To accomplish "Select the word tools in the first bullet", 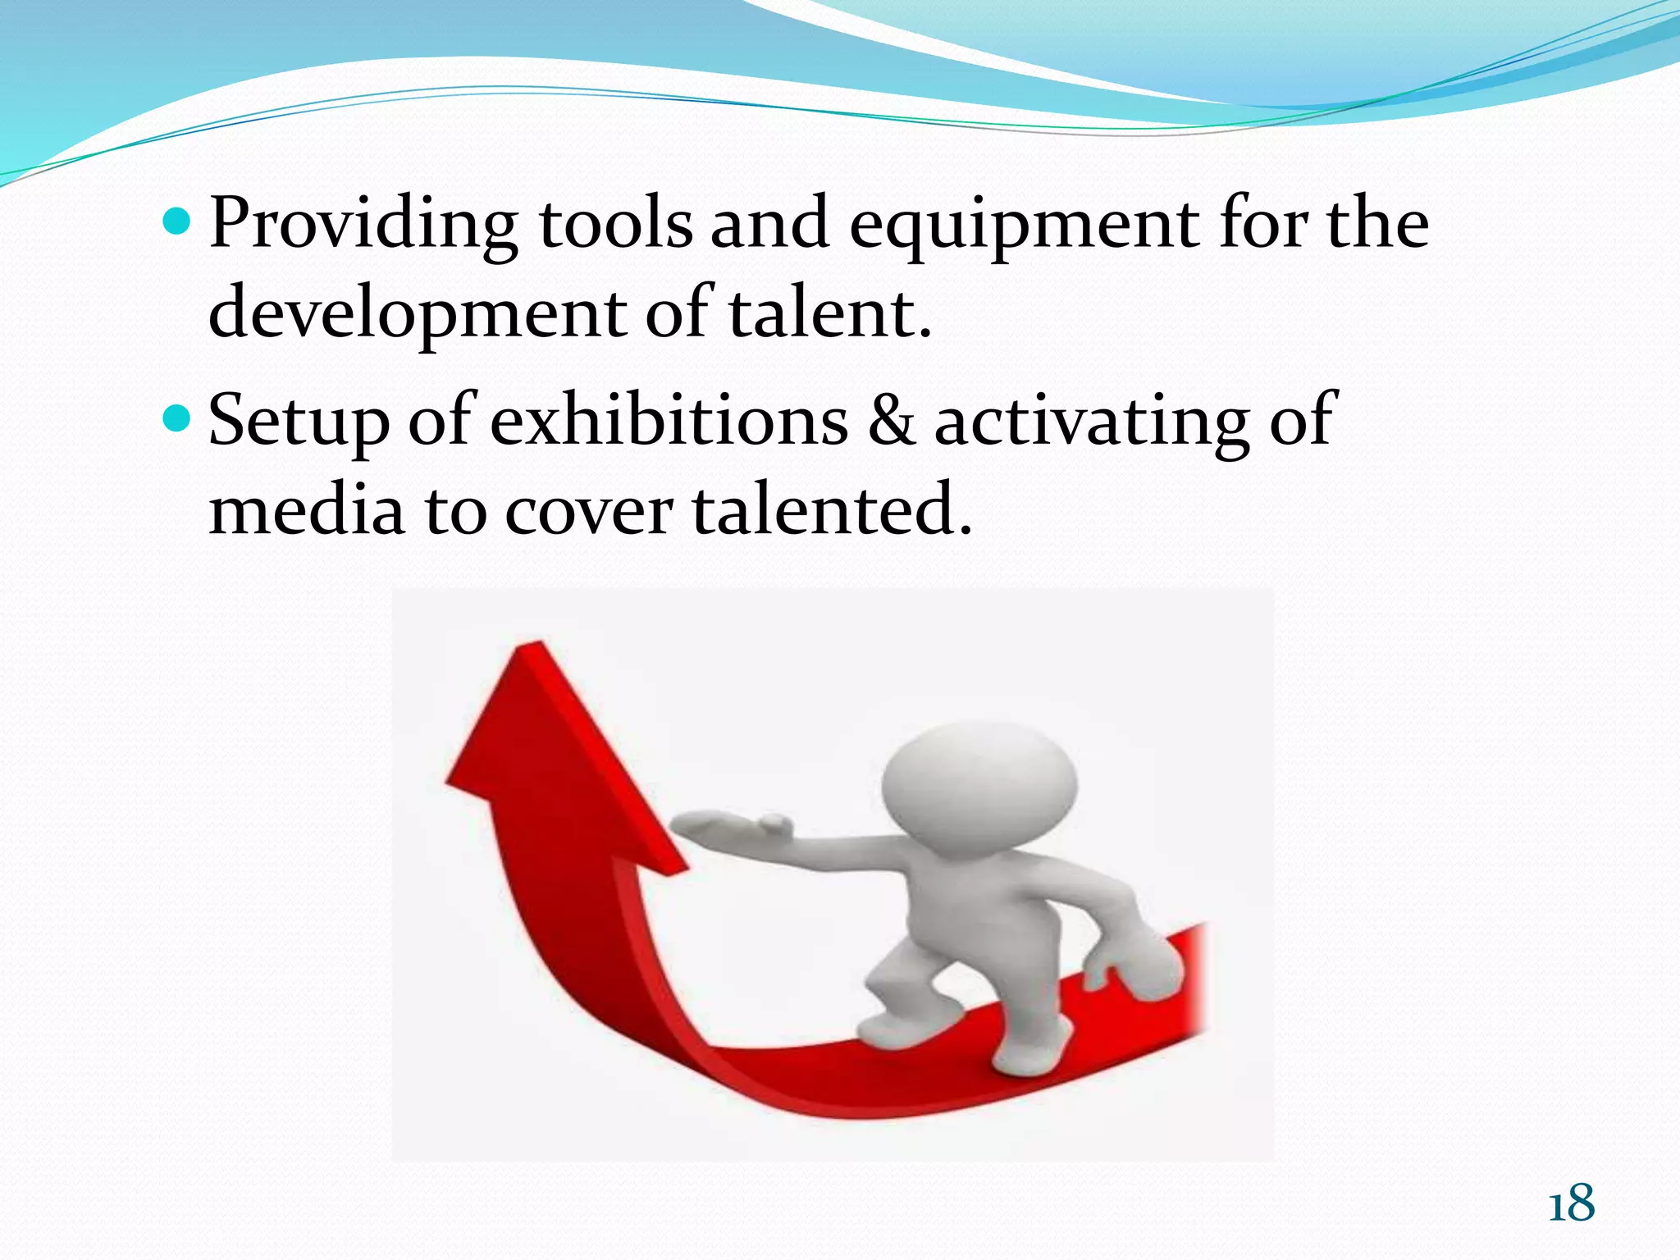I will click(x=615, y=223).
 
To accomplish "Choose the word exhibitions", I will click(x=669, y=419).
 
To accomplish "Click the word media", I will click(x=307, y=509).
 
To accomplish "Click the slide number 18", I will click(x=1571, y=1204).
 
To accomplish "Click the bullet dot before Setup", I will click(x=176, y=419).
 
